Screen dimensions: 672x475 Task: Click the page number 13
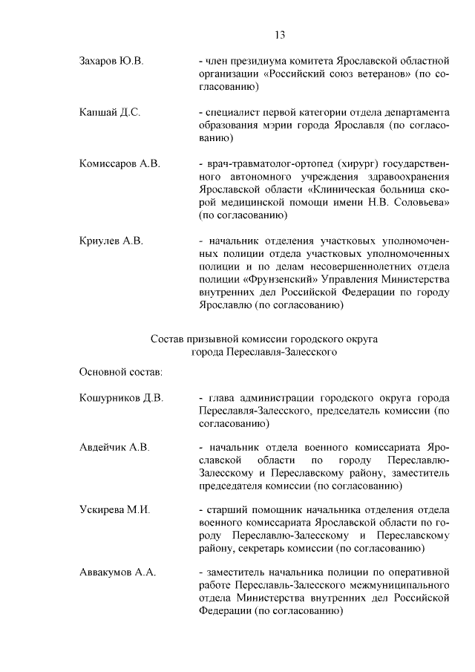[280, 35]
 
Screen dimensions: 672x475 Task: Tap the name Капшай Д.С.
[110, 112]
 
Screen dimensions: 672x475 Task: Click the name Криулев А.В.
[110, 241]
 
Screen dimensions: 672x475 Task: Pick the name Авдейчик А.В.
[114, 448]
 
